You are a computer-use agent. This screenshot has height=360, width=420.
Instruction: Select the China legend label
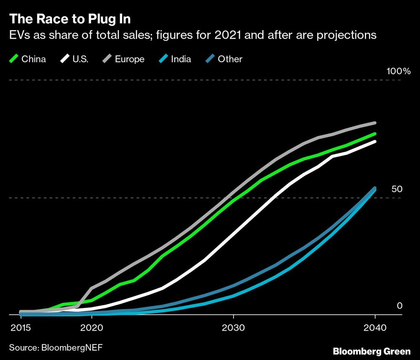point(34,59)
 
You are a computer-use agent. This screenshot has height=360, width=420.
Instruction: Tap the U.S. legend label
point(80,59)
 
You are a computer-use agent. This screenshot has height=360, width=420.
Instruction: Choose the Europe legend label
point(129,59)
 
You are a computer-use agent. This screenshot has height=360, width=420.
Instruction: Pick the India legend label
point(181,59)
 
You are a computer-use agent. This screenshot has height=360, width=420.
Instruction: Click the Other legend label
point(230,59)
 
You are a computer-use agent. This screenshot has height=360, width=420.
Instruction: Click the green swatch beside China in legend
point(14,59)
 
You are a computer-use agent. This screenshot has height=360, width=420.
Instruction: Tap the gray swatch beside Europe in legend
point(108,59)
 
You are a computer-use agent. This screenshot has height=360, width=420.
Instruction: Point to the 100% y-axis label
point(398,71)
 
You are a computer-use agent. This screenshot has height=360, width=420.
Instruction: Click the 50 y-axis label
point(397,189)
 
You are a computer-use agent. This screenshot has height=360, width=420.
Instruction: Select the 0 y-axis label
point(399,306)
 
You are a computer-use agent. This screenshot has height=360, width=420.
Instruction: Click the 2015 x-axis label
point(20,327)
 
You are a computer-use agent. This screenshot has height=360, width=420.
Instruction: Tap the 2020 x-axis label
point(92,327)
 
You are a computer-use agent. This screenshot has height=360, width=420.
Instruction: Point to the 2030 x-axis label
point(234,327)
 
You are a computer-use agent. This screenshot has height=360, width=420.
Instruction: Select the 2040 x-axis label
point(375,327)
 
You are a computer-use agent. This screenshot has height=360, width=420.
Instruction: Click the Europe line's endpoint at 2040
point(375,123)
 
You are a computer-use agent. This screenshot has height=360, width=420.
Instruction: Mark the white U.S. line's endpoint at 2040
point(375,142)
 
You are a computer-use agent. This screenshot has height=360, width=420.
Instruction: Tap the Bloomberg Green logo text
point(372,350)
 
